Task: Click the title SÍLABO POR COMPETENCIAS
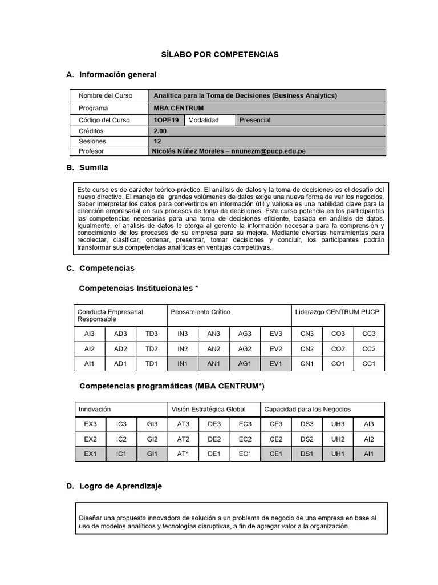(219, 54)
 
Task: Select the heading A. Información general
(111, 75)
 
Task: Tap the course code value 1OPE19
(165, 120)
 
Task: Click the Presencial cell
(255, 120)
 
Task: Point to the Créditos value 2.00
(160, 131)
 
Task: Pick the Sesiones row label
(92, 141)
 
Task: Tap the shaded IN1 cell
(182, 363)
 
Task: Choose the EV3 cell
(275, 334)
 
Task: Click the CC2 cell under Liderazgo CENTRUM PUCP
(369, 348)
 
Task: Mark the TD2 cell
(151, 348)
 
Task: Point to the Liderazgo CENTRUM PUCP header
(336, 312)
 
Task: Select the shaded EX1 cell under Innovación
(90, 454)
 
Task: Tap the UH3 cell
(338, 424)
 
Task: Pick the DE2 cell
(214, 439)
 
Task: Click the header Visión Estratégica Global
(208, 409)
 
